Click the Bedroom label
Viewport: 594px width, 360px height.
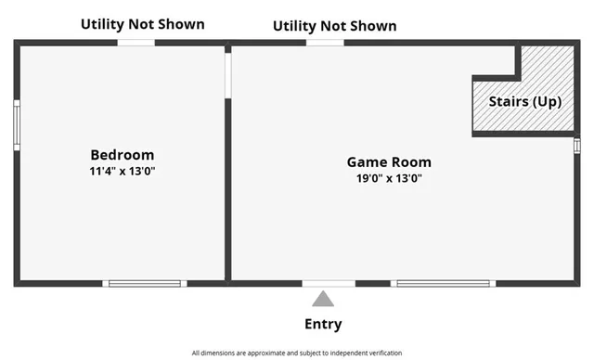pyautogui.click(x=122, y=155)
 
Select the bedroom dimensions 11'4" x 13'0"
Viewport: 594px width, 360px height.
pyautogui.click(x=122, y=172)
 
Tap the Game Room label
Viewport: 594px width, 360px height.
pyautogui.click(x=389, y=162)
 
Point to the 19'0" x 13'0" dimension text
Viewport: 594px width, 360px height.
pyautogui.click(x=389, y=179)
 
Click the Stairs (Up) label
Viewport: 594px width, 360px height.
pyautogui.click(x=525, y=101)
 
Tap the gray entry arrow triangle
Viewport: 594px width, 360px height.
pyautogui.click(x=323, y=299)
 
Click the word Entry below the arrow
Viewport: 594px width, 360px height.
pyautogui.click(x=323, y=324)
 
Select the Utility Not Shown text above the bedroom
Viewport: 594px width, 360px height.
pyautogui.click(x=142, y=24)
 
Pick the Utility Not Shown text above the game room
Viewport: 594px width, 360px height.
pyautogui.click(x=334, y=26)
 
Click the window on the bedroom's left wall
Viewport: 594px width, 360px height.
pyautogui.click(x=17, y=125)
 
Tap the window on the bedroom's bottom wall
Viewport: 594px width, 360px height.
pyautogui.click(x=145, y=283)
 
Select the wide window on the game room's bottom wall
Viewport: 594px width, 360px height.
pyautogui.click(x=444, y=283)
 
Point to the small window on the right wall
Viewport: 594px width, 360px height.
pyautogui.click(x=576, y=146)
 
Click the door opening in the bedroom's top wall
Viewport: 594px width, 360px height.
pyautogui.click(x=136, y=43)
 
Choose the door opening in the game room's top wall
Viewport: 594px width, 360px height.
pyautogui.click(x=325, y=43)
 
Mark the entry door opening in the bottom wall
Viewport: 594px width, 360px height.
pyautogui.click(x=329, y=283)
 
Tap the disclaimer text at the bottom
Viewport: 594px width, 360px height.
pyautogui.click(x=297, y=354)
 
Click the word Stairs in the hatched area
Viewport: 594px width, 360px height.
pyautogui.click(x=508, y=101)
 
